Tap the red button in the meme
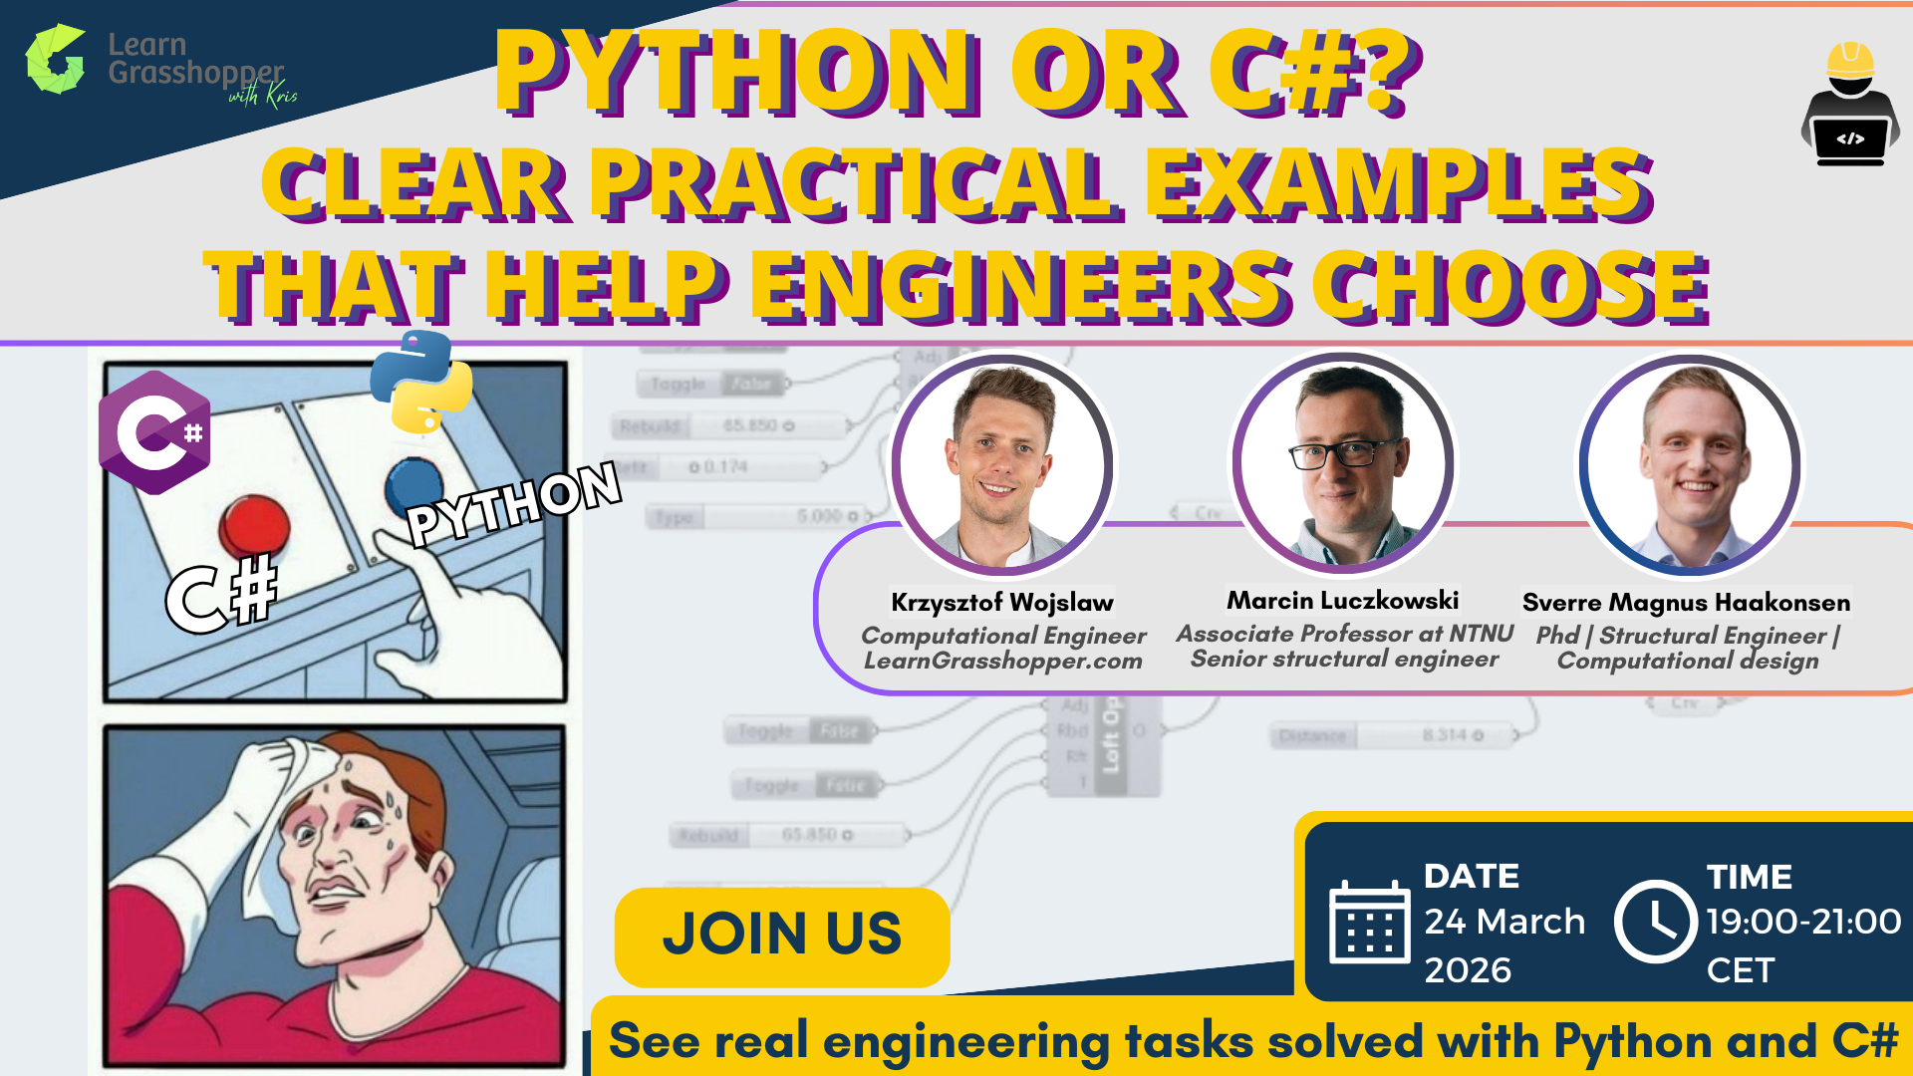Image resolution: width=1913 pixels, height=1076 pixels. tap(254, 525)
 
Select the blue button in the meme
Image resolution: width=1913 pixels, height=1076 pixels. tap(412, 484)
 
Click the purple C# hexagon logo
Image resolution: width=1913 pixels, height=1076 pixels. tap(154, 432)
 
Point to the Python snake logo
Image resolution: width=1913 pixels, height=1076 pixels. tap(420, 384)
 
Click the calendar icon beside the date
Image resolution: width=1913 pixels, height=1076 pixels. tap(1369, 923)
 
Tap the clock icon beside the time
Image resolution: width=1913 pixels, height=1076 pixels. tap(1655, 922)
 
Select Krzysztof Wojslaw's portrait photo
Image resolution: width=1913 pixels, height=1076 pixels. tap(1002, 464)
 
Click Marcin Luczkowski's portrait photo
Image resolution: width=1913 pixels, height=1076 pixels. tap(1344, 462)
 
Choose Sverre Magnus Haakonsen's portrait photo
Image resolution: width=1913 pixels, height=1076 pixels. tap(1690, 464)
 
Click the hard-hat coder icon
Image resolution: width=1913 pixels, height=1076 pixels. tap(1850, 104)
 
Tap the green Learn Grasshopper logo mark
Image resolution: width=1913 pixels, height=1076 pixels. tap(55, 60)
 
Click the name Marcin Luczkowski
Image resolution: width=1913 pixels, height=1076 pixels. tap(1342, 601)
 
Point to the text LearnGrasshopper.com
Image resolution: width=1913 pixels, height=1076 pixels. tap(1002, 662)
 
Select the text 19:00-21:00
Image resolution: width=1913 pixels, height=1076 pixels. tap(1803, 922)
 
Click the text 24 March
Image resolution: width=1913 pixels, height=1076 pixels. tap(1503, 922)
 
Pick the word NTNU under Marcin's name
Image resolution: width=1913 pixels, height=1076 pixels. tap(1481, 634)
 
